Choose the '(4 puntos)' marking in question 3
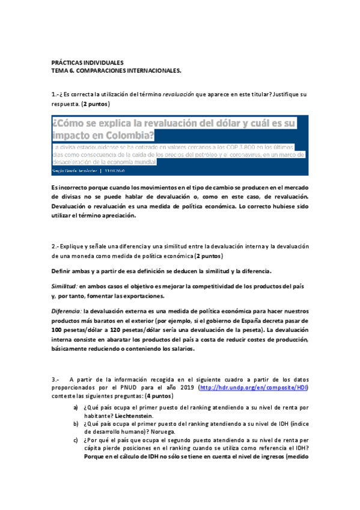pos(158,397)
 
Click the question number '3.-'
pos(56,379)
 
